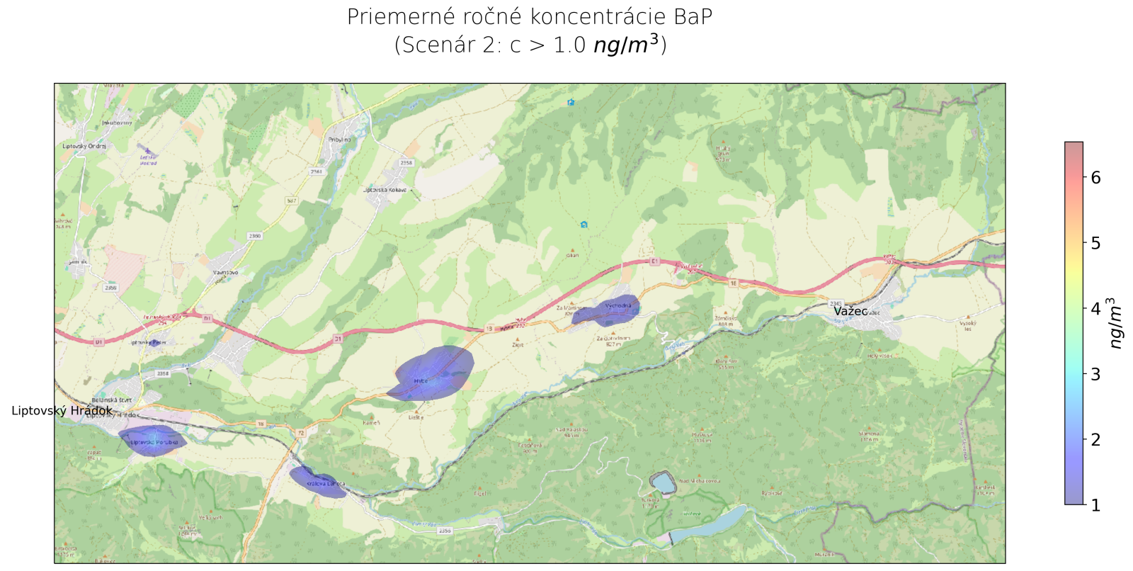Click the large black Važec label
(850, 311)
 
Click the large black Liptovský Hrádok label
(62, 411)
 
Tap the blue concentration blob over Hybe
(432, 375)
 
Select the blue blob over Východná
(608, 311)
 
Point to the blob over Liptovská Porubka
(152, 441)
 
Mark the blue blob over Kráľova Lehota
(317, 482)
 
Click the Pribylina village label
(340, 140)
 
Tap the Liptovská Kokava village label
(385, 190)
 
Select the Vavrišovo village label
(225, 272)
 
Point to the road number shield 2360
(255, 236)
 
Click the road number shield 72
(300, 432)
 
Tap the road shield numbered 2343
(836, 303)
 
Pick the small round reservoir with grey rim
(664, 483)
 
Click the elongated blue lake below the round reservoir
(708, 524)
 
